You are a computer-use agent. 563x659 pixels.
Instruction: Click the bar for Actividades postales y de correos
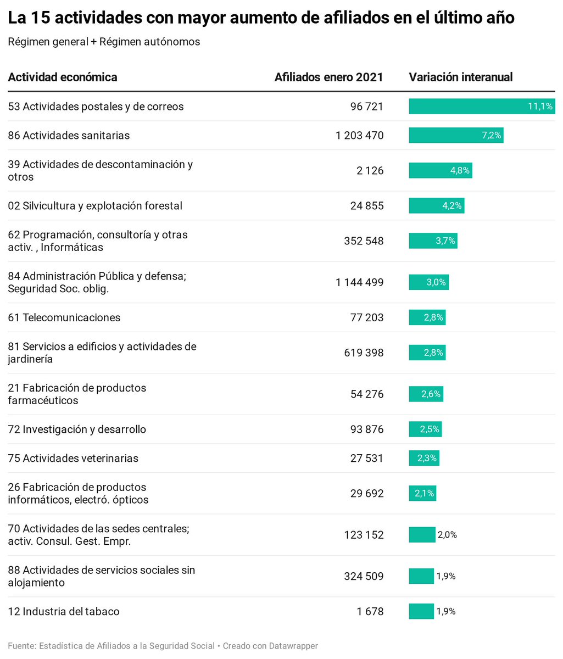pos(481,107)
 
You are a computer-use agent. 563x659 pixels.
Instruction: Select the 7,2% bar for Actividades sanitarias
pos(456,136)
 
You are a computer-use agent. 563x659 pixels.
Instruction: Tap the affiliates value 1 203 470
pos(360,136)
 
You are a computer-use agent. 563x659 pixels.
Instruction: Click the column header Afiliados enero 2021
pos(328,77)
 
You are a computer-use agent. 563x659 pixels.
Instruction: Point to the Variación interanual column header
pos(460,77)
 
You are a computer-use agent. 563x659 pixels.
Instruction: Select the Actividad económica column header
pos(63,77)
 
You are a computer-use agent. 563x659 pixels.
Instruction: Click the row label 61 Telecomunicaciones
pos(64,318)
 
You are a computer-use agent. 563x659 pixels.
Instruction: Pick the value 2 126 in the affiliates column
pos(370,171)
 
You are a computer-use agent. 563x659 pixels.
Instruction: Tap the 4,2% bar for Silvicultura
pos(436,206)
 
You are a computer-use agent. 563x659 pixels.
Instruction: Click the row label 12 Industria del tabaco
pos(64,612)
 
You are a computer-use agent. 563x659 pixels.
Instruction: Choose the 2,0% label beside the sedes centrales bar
pos(447,535)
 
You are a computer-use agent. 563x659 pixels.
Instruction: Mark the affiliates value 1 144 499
pos(360,283)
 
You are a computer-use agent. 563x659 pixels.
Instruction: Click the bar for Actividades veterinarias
pos(423,459)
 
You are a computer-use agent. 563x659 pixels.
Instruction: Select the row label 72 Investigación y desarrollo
pos(77,429)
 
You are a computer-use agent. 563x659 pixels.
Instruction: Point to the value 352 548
pos(364,241)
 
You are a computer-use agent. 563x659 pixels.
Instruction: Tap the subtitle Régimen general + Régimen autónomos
pos(104,42)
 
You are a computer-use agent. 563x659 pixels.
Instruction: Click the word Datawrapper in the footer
pos(293,646)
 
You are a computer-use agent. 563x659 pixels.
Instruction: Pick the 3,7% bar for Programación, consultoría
pos(433,241)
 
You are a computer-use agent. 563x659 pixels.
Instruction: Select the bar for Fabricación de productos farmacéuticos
pos(426,394)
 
